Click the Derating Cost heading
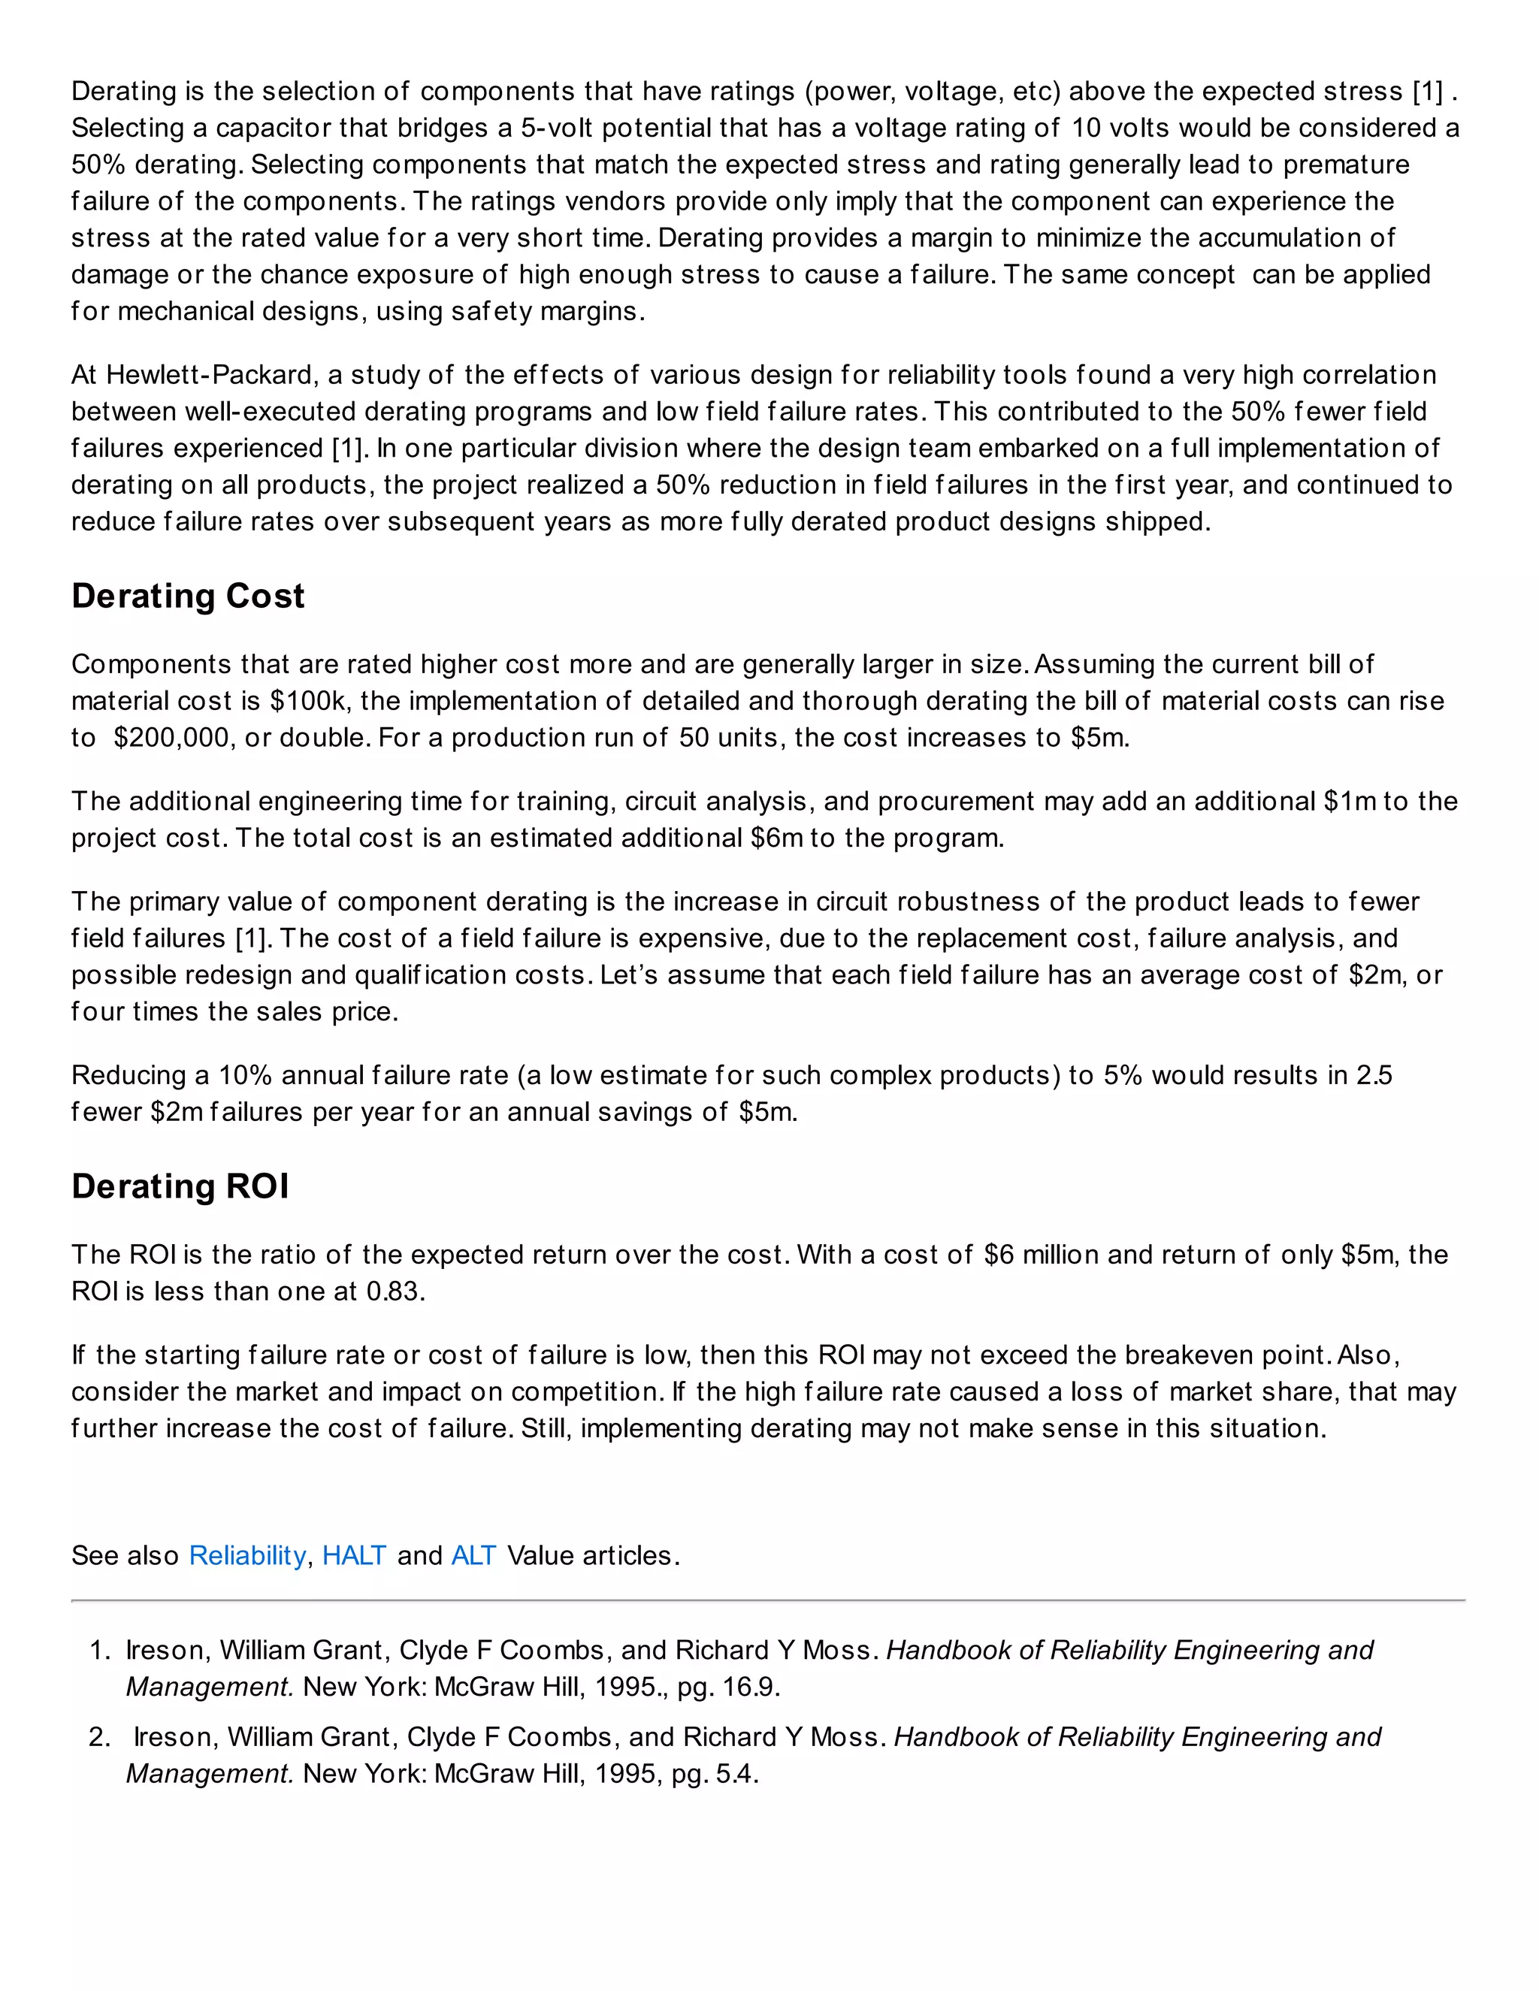(x=188, y=597)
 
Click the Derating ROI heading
(x=180, y=1187)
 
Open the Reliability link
(x=247, y=1555)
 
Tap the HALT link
(x=354, y=1555)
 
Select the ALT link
(x=473, y=1555)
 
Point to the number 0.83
(x=394, y=1292)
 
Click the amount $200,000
(x=171, y=738)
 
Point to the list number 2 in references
(x=99, y=1738)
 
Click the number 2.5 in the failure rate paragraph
(x=1373, y=1076)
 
